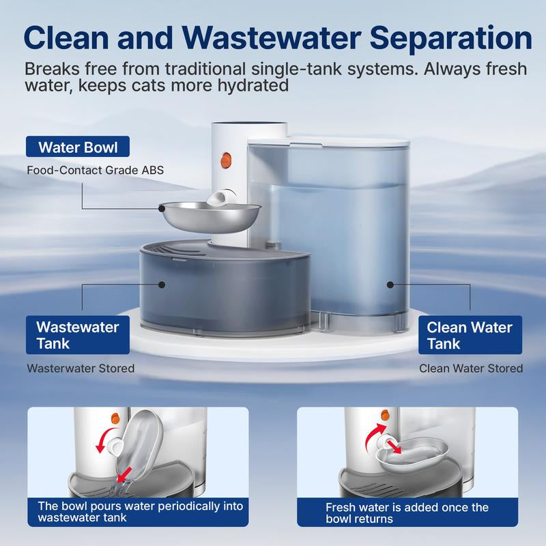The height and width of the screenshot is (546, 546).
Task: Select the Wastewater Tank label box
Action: (77, 334)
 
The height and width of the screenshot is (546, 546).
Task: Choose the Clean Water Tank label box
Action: (470, 335)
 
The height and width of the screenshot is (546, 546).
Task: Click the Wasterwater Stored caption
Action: (81, 369)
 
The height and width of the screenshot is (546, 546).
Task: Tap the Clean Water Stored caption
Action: (471, 369)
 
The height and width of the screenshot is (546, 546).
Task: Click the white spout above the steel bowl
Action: (217, 199)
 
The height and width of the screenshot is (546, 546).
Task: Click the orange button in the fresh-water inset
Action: (384, 414)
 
